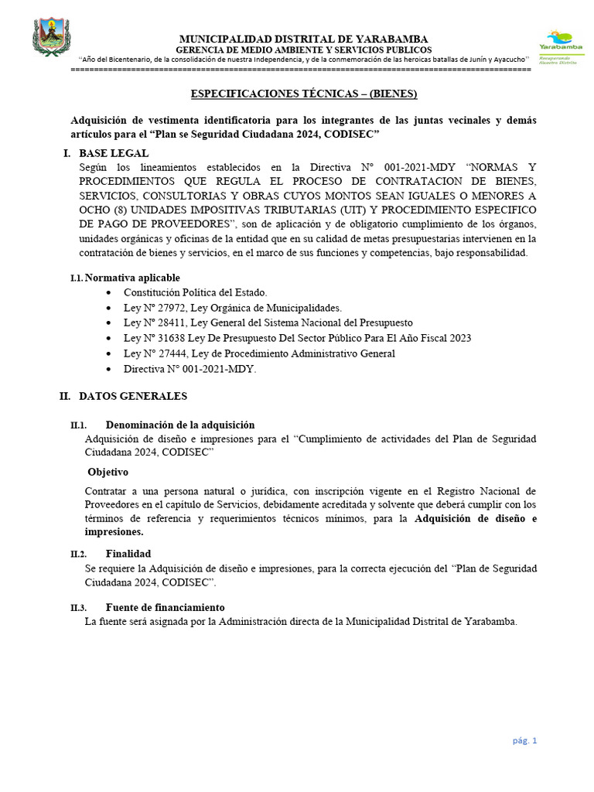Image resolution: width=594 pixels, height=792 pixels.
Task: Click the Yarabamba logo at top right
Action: (560, 45)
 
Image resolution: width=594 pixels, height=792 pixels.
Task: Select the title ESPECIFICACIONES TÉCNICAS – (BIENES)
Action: (304, 94)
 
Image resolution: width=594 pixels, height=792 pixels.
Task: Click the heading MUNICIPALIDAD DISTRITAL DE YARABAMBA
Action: (303, 39)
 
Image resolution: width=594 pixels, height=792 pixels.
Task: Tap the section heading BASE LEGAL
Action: (114, 153)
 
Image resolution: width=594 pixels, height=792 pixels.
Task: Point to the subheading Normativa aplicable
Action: (132, 278)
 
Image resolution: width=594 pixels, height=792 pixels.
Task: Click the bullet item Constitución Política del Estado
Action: (196, 292)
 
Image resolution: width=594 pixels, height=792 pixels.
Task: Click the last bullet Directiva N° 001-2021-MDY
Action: (189, 369)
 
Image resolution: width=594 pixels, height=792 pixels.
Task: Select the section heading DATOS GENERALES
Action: (133, 396)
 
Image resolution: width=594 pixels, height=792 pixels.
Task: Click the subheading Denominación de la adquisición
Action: (180, 425)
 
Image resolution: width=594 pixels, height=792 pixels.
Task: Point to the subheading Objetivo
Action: (108, 472)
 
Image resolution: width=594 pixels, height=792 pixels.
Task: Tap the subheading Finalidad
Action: (128, 554)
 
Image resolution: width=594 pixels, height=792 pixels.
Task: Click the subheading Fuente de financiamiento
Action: (166, 607)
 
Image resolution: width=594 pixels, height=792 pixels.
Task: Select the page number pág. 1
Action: (524, 740)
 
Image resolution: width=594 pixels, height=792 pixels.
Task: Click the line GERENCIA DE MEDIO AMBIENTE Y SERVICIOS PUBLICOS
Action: (303, 49)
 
